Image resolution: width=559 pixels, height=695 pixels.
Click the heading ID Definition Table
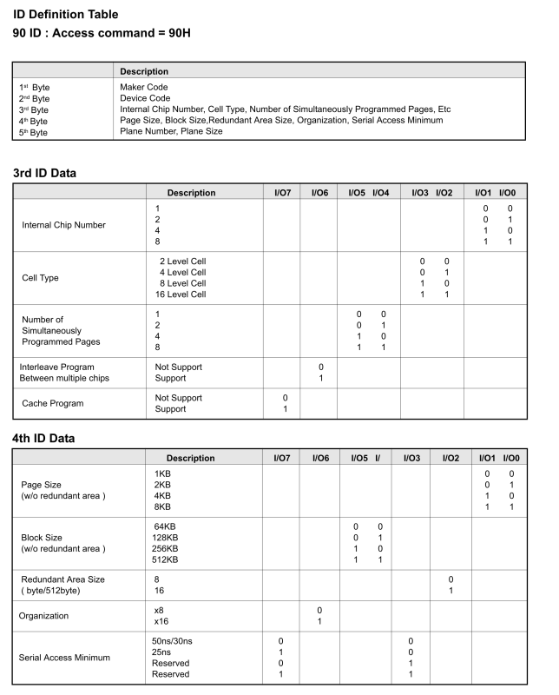pyautogui.click(x=66, y=14)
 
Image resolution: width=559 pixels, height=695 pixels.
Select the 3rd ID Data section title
pyautogui.click(x=44, y=173)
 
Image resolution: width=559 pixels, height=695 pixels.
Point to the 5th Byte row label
pyautogui.click(x=33, y=132)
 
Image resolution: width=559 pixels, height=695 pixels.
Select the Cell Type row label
pyautogui.click(x=42, y=278)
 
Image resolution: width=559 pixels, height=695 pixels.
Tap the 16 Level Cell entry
pyautogui.click(x=182, y=295)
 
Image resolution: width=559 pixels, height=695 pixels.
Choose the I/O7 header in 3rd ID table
pyautogui.click(x=280, y=193)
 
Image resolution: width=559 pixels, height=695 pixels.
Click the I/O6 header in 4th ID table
pyautogui.click(x=320, y=457)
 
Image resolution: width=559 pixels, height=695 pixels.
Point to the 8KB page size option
pyautogui.click(x=162, y=506)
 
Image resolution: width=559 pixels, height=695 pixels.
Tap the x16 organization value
pyautogui.click(x=161, y=622)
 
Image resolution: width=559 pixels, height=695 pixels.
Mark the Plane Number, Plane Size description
pyautogui.click(x=171, y=132)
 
